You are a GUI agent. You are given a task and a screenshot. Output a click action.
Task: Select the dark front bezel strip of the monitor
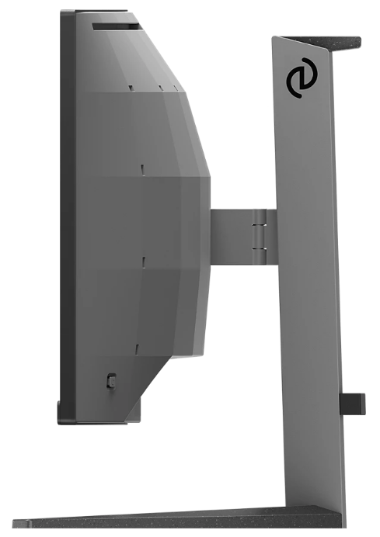(68, 217)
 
